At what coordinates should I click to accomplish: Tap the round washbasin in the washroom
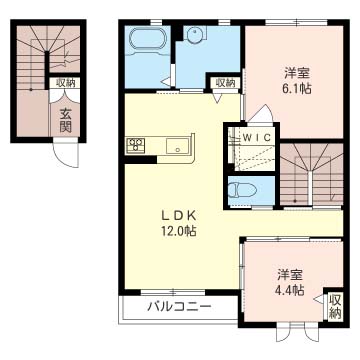(192, 34)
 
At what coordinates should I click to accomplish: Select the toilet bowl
(242, 191)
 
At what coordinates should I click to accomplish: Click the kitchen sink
(178, 146)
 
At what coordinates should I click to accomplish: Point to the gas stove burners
(136, 144)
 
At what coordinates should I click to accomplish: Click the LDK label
(178, 217)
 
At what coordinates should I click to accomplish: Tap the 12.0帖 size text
(179, 231)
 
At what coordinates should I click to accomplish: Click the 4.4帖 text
(290, 291)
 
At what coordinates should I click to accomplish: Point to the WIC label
(259, 137)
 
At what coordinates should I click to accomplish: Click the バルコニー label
(180, 306)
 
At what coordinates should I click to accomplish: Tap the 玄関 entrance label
(66, 121)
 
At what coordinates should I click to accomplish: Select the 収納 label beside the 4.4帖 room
(335, 306)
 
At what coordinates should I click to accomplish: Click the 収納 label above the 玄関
(65, 82)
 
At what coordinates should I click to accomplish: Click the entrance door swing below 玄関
(66, 154)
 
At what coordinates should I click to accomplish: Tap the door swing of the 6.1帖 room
(261, 113)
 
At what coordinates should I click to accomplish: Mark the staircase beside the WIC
(311, 173)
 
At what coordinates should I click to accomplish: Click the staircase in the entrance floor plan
(48, 57)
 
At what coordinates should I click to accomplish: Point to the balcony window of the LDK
(173, 292)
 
